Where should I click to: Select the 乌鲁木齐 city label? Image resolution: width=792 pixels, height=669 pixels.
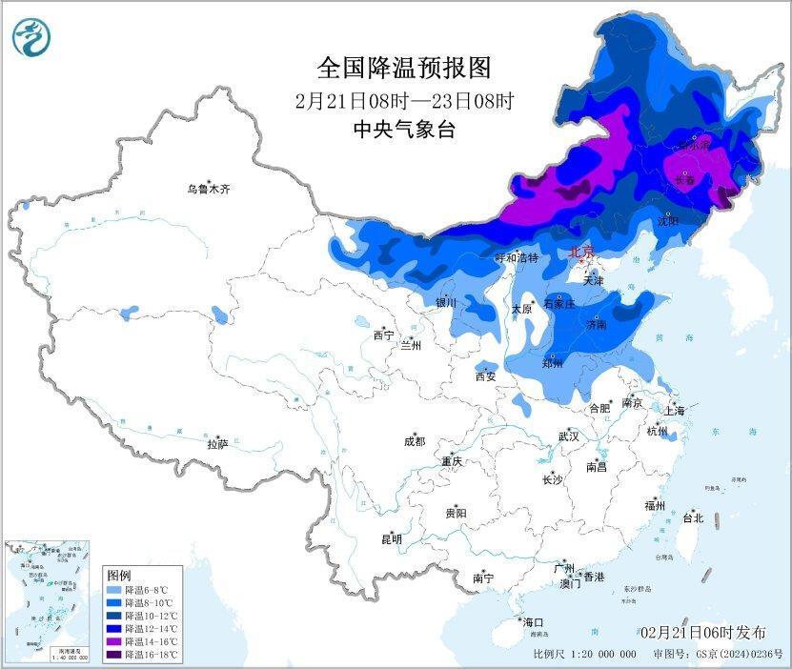click(x=208, y=189)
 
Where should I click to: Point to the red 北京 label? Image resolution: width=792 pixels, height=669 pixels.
click(x=580, y=253)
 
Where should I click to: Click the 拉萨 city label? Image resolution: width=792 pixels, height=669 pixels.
click(x=217, y=443)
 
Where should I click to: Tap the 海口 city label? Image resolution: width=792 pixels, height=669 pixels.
click(x=534, y=622)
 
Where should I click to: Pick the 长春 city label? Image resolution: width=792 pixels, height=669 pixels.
click(x=684, y=180)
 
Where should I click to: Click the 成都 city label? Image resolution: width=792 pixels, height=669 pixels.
click(x=415, y=441)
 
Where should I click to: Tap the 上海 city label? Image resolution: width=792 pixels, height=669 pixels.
click(x=676, y=411)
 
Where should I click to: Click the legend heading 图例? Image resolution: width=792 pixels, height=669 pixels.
click(x=119, y=576)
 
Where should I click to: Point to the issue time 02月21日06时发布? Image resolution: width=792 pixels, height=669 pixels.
click(x=702, y=633)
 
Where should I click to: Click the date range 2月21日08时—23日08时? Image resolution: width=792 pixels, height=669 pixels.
click(x=404, y=100)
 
